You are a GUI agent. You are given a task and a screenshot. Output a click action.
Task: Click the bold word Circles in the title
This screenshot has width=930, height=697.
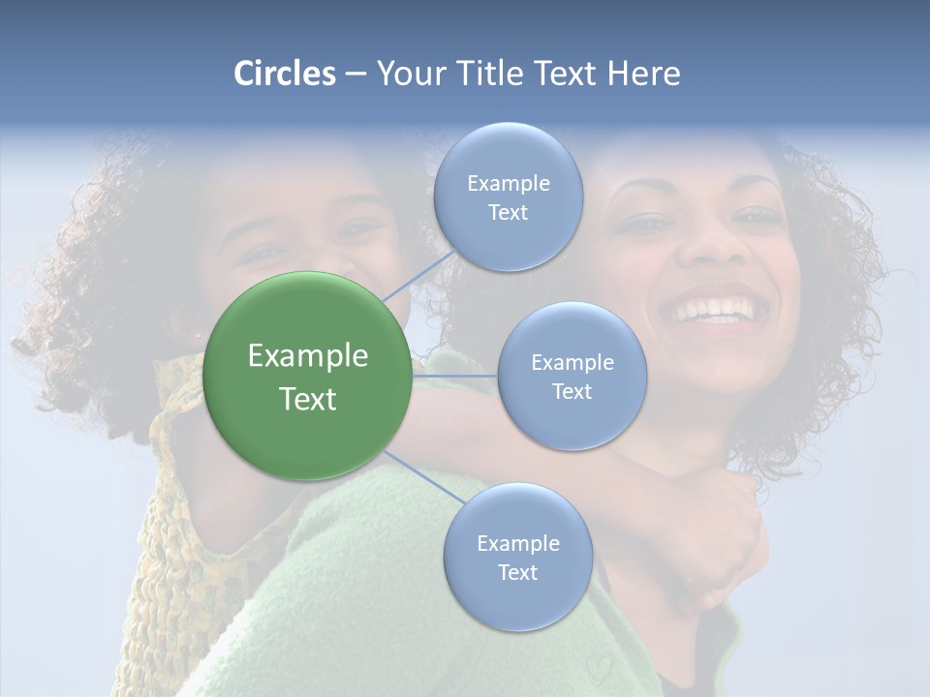point(284,74)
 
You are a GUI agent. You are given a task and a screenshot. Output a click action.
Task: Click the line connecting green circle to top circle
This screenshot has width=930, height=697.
point(418,275)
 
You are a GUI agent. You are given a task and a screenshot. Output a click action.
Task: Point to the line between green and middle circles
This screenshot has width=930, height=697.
point(455,376)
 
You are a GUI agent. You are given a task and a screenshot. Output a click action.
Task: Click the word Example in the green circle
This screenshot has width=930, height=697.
point(308,356)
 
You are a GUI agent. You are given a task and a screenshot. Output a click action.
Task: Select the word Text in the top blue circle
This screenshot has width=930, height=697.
point(508,213)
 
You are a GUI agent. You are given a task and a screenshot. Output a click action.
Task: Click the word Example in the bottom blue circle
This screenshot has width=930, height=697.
point(517,543)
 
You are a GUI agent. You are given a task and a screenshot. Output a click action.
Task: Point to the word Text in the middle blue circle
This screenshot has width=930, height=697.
point(572,391)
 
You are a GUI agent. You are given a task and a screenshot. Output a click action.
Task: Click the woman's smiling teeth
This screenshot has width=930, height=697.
point(719,312)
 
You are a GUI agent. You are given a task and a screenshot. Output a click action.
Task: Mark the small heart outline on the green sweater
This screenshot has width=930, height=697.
point(598,668)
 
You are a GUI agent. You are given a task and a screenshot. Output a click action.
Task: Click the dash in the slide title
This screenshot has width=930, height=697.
point(356,74)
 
